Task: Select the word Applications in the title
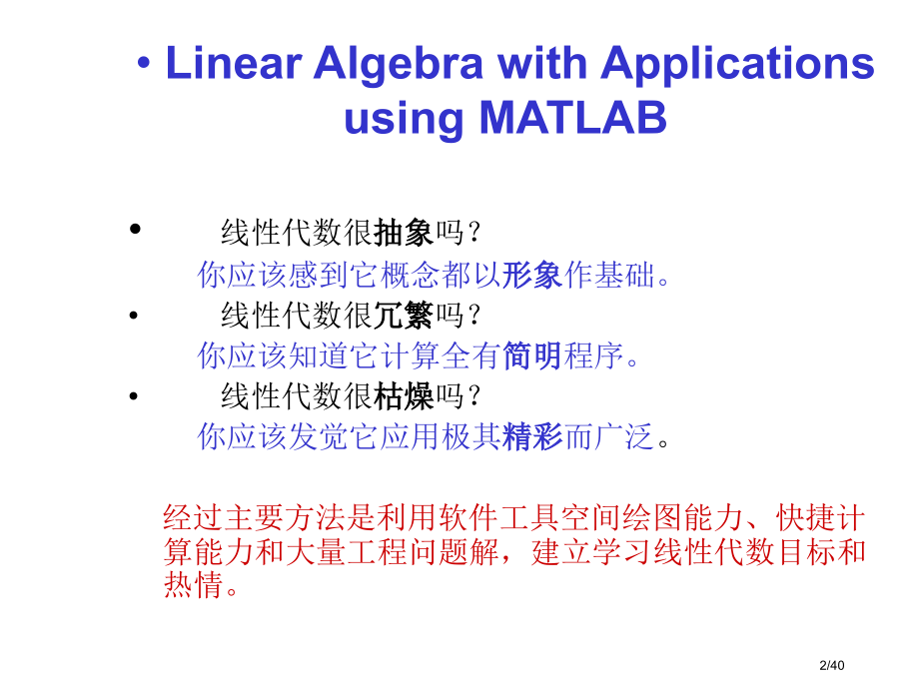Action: [737, 64]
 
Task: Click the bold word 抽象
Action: [405, 234]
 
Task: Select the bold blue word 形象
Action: [532, 275]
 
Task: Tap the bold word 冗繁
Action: [405, 316]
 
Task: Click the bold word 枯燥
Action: [405, 397]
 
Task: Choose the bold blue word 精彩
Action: [532, 437]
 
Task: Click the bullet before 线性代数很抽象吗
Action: [136, 230]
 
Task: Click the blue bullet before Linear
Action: [145, 65]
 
